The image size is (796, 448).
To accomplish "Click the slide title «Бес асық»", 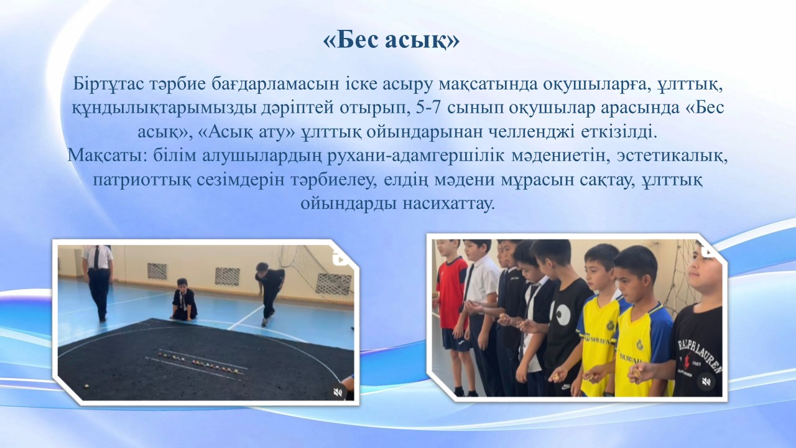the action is coord(391,41).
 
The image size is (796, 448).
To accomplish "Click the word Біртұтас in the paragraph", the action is coord(108,85).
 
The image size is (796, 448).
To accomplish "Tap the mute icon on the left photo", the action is coord(338,392).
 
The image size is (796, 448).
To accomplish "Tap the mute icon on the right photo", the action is coord(706,382).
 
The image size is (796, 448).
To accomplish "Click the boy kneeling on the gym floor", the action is coord(183,300).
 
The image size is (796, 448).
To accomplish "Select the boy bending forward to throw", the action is coord(269,292).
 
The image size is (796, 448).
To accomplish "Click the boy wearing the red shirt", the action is coord(451,317).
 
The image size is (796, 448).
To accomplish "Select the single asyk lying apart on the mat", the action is coord(86,385).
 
